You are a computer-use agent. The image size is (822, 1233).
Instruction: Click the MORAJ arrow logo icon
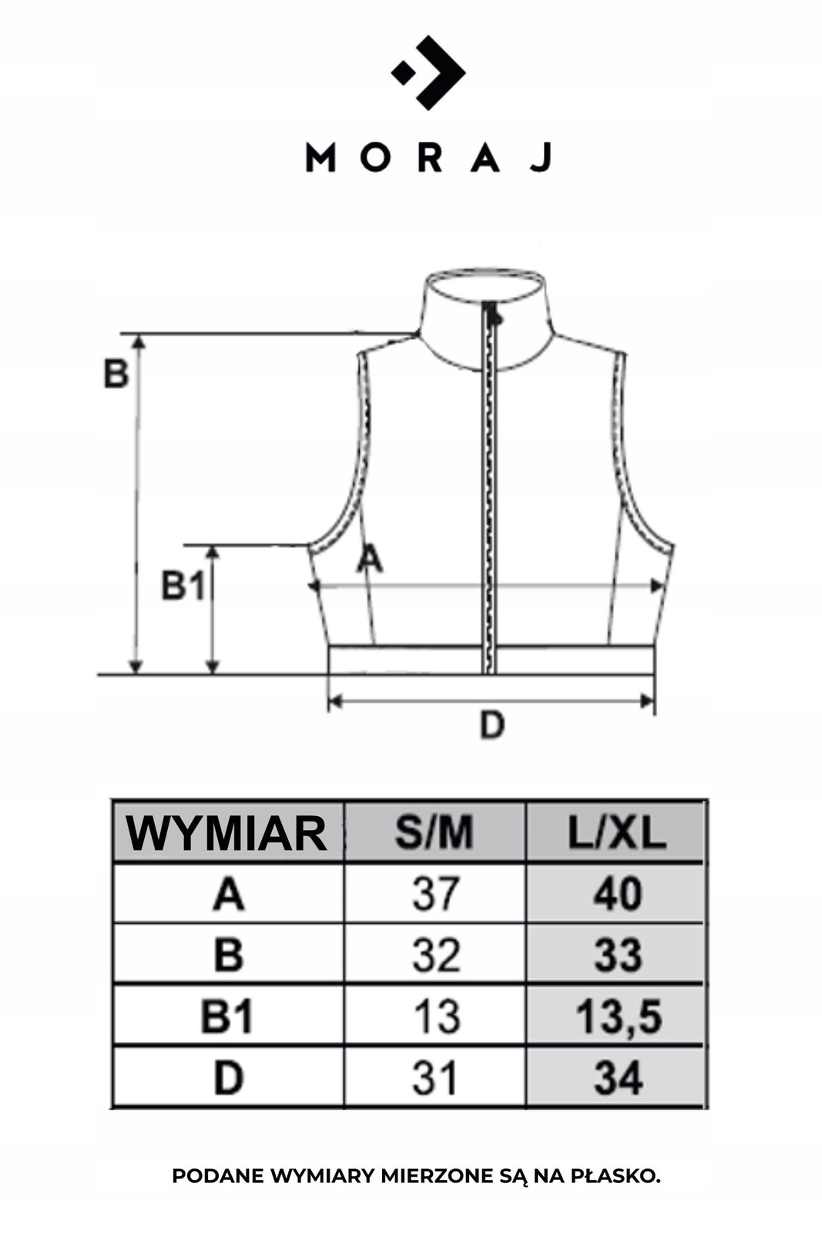click(428, 72)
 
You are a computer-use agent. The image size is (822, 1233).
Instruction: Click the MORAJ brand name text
click(429, 158)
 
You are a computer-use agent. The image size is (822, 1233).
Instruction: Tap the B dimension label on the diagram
click(116, 374)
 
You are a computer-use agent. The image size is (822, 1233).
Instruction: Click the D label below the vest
click(492, 724)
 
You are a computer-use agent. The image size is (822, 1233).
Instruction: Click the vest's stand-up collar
click(486, 319)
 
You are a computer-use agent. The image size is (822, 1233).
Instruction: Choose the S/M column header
click(434, 833)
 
